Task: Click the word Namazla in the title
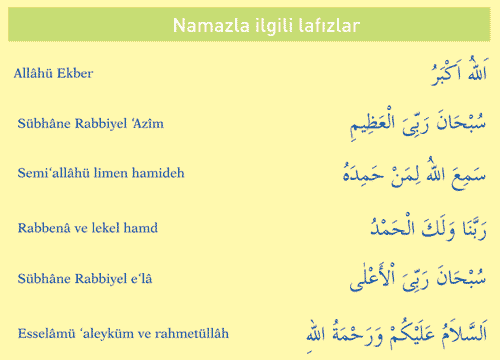coord(211,25)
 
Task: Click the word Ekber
coord(75,73)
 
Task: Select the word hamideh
coord(158,173)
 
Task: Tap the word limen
coord(111,173)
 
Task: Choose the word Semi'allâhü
coord(54,173)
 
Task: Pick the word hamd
coord(141,228)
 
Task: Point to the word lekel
coord(106,228)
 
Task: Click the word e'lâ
coord(141,278)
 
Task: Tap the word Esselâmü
coord(47,333)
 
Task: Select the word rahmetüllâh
coord(192,333)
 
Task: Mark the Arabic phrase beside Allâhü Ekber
coord(459,71)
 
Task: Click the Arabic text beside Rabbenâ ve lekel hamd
coord(429,227)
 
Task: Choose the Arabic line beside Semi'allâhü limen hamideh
coord(414,173)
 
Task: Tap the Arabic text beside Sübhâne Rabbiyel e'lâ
coord(418,278)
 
